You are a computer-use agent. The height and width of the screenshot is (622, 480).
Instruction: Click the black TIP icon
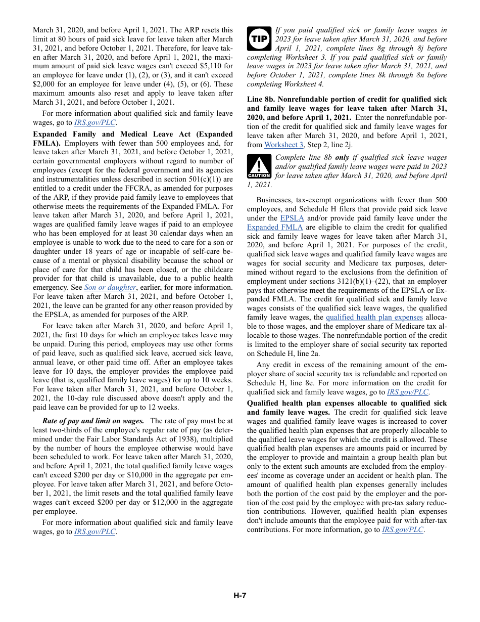point(259,38)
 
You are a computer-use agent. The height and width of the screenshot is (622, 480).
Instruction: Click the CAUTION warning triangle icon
point(259,167)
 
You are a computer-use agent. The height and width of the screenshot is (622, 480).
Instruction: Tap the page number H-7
point(239,596)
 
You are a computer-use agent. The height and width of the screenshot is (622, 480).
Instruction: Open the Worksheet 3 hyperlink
point(281,145)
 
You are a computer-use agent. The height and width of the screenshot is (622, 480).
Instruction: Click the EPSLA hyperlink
point(292,218)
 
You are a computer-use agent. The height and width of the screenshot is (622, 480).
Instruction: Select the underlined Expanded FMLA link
point(275,227)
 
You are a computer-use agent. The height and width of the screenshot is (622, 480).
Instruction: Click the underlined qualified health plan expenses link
point(374,318)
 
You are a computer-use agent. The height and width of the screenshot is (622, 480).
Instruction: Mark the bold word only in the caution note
point(342,157)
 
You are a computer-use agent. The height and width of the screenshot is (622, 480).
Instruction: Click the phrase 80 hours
point(70,39)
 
